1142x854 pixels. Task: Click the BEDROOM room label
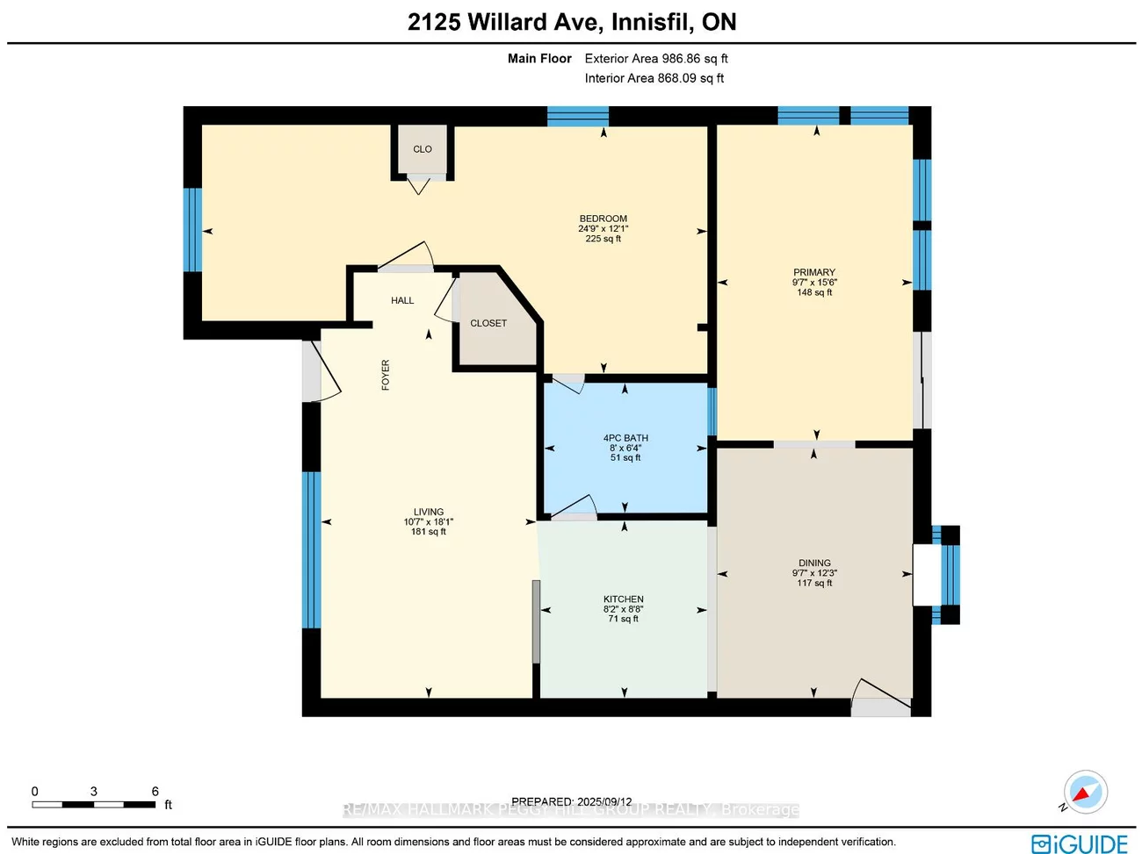(x=603, y=219)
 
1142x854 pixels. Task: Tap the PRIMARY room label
(x=814, y=272)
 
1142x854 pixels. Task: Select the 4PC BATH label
(x=625, y=438)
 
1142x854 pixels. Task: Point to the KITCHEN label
(x=624, y=599)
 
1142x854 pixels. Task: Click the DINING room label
(x=814, y=563)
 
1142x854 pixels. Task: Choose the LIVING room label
(x=429, y=512)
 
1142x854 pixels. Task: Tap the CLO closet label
(x=423, y=149)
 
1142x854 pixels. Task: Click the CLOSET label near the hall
(x=488, y=323)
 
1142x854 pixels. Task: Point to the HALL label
(x=402, y=300)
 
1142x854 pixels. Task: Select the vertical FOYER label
(x=386, y=375)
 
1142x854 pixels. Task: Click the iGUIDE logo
(x=1080, y=843)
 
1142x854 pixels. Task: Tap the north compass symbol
(x=1085, y=793)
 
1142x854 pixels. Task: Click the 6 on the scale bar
(x=155, y=792)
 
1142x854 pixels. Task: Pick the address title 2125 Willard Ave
(x=572, y=23)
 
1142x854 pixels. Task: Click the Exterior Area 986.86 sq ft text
(x=656, y=59)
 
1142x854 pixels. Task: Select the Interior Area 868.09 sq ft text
(x=654, y=78)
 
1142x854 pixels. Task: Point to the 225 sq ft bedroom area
(x=603, y=239)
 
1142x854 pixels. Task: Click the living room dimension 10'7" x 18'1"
(x=429, y=521)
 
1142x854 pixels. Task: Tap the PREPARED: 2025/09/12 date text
(x=571, y=801)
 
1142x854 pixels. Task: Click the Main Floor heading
(x=539, y=59)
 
